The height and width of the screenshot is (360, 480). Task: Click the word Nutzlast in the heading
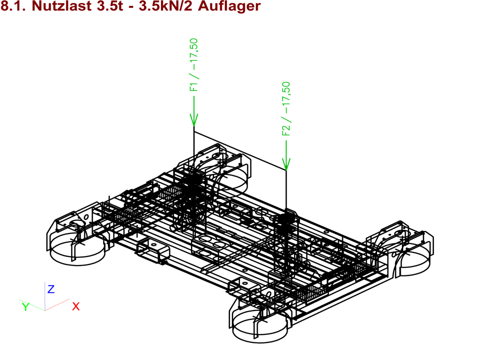61,6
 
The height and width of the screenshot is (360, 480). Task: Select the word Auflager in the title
229,6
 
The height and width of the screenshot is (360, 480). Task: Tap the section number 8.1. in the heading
14,6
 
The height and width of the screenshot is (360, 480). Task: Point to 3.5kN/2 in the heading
165,6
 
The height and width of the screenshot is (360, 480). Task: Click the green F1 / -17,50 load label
194,65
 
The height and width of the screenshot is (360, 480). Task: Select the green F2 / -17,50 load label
286,108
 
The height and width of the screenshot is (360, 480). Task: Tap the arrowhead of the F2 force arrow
286,164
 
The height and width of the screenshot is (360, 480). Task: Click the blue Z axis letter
51,289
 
